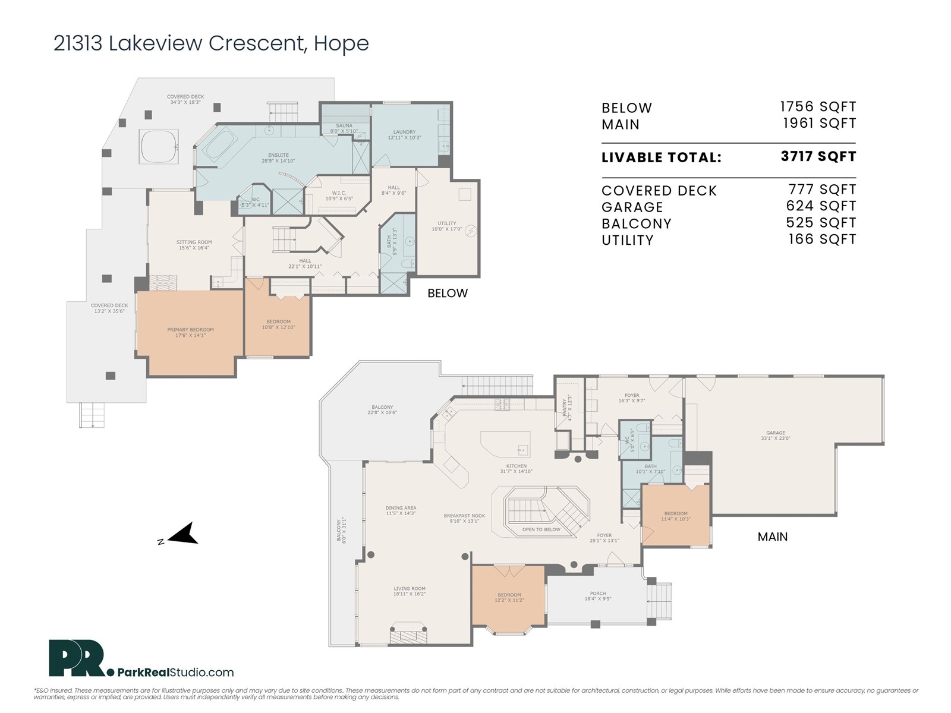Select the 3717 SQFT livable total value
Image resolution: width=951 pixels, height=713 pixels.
[x=818, y=156]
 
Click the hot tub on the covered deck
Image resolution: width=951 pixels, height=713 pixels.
[x=159, y=145]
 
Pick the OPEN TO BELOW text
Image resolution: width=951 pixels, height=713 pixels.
[x=541, y=529]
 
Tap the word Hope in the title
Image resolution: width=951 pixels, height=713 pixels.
[x=341, y=43]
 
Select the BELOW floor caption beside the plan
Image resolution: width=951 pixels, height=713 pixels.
[x=448, y=293]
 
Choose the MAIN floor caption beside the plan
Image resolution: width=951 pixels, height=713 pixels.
[x=772, y=537]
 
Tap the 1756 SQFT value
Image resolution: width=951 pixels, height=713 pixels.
[x=818, y=107]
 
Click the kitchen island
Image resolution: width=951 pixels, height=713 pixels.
[x=505, y=443]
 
